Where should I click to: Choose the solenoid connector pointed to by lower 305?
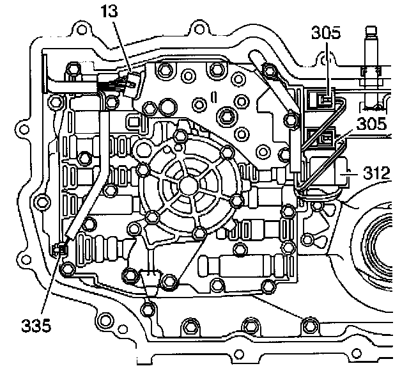tap(325, 138)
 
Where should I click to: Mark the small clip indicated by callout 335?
tap(61, 249)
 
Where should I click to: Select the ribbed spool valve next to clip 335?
tap(96, 246)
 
